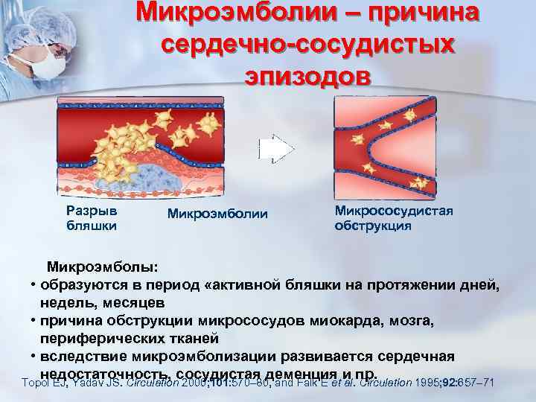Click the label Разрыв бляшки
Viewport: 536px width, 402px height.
[x=92, y=218]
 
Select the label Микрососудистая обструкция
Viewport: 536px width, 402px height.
[x=394, y=218]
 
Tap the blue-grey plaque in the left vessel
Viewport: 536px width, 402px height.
[x=153, y=176]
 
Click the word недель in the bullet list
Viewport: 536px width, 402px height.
[x=68, y=302]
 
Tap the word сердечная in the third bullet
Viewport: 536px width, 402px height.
[x=413, y=356]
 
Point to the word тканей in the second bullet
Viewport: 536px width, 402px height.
[x=173, y=338]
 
